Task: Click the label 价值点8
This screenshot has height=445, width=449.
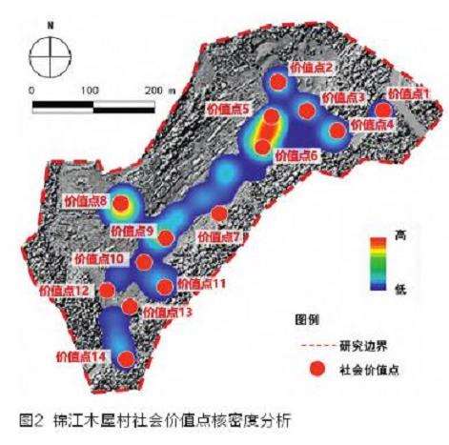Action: click(x=83, y=200)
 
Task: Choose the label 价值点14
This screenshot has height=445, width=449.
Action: click(x=79, y=356)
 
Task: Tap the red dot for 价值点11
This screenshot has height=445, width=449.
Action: click(x=164, y=285)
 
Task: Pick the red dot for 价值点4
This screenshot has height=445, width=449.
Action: click(x=337, y=131)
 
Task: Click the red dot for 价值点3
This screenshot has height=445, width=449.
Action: click(x=306, y=111)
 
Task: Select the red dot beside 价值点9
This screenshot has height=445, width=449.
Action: click(x=167, y=237)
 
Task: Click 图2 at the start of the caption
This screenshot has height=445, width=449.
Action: click(x=48, y=417)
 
